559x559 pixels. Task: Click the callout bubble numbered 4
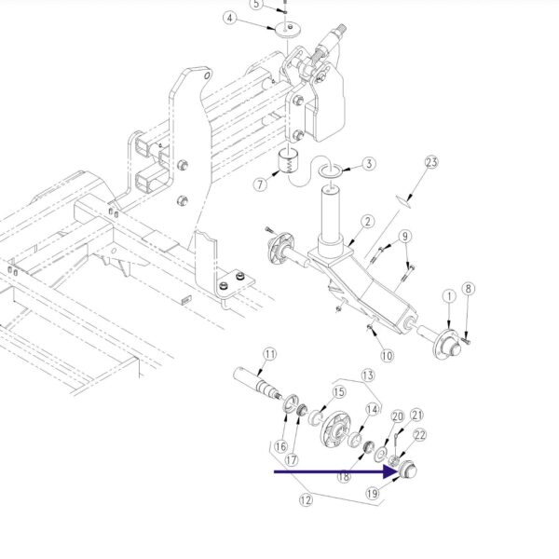pos(230,18)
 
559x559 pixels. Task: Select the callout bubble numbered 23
pos(431,162)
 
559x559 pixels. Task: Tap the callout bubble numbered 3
pos(369,164)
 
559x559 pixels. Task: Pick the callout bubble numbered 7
pos(260,184)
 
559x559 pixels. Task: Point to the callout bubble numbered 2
pos(368,222)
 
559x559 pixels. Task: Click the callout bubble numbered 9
pos(405,236)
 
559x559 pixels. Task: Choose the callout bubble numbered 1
pos(450,296)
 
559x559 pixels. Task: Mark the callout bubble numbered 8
pos(469,289)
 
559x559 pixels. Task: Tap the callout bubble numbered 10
pos(388,356)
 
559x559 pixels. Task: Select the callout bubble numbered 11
pos(270,354)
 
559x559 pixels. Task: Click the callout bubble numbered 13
pos(368,375)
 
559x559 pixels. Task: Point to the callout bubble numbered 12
pos(306,500)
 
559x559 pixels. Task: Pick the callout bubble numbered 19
pos(372,494)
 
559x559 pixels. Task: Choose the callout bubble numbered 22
pos(420,435)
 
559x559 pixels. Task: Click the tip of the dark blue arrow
pos(399,472)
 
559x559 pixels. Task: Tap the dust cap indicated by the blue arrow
pos(407,470)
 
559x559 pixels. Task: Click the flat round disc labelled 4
pos(288,30)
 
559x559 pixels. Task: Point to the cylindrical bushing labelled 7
pos(289,161)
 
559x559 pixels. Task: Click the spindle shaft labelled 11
pos(257,384)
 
